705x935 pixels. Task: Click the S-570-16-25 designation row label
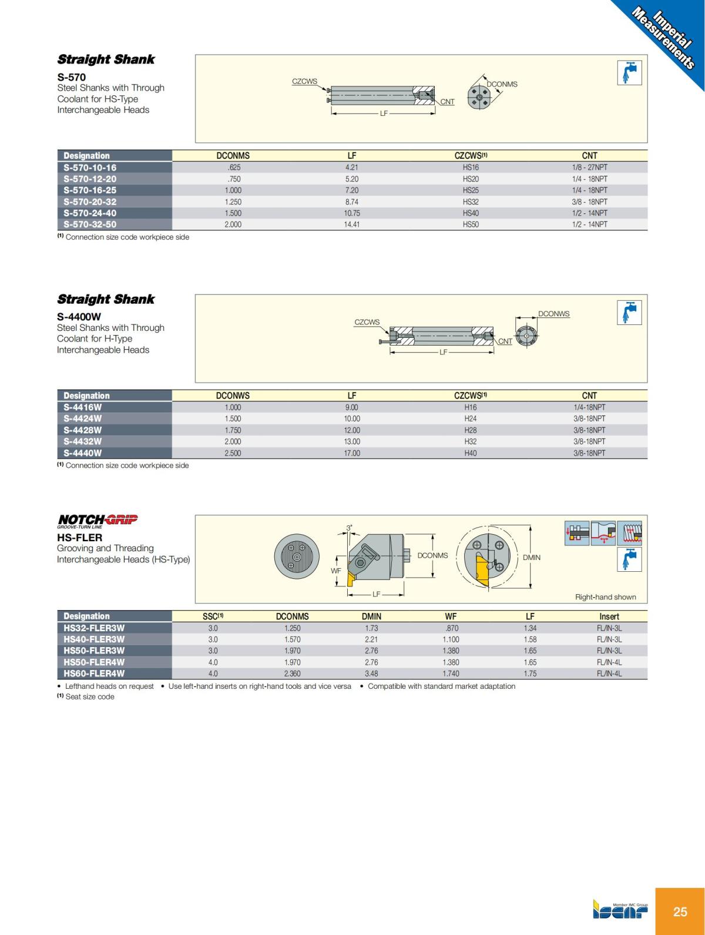90,190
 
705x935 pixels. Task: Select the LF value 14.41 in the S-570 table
352,224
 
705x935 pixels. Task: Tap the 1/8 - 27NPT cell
589,167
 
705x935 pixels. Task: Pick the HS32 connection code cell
471,202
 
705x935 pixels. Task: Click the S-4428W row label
83,430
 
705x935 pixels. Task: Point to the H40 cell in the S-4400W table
471,453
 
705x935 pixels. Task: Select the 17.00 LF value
352,453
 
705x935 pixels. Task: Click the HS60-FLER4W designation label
94,673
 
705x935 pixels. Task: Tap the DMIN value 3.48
371,673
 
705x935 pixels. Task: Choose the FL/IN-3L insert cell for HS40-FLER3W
609,639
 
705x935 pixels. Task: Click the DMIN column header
371,616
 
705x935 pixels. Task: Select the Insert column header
609,616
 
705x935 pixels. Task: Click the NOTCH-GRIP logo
98,521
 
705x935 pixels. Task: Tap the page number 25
680,911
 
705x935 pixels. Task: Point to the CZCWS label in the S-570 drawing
304,82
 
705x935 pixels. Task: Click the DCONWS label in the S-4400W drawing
553,314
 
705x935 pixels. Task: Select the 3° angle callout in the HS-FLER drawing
349,528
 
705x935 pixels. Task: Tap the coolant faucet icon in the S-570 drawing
629,73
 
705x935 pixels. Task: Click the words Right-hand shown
605,597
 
